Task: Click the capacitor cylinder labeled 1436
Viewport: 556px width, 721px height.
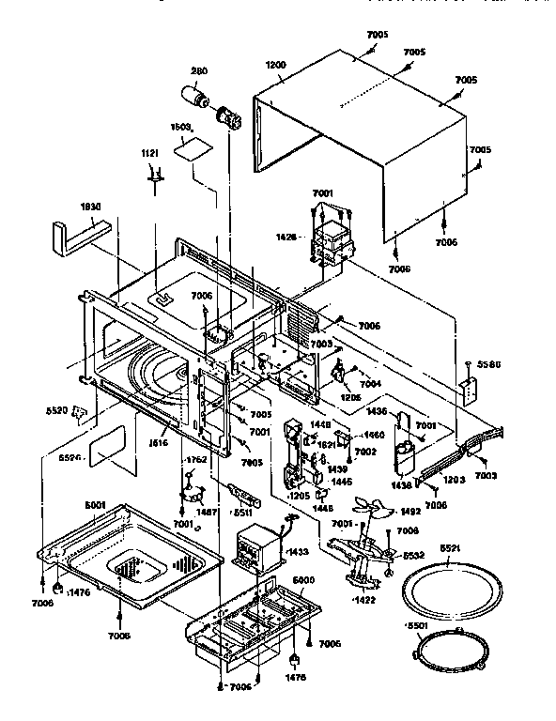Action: click(406, 451)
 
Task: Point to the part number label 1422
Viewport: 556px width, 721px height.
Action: click(364, 598)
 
